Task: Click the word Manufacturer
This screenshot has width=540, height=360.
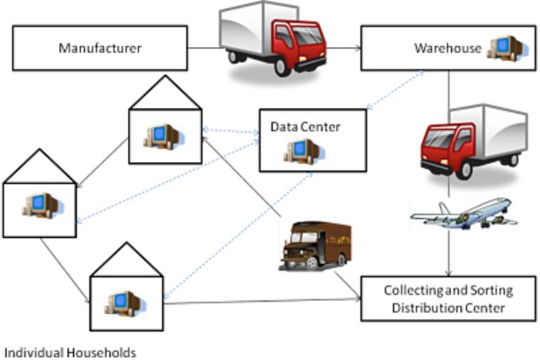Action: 99,48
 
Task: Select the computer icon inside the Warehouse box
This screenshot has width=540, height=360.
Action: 504,48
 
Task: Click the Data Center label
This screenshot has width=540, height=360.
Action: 305,127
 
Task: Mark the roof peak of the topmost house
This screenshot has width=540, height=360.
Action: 164,77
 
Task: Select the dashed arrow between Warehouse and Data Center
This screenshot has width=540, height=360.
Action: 395,90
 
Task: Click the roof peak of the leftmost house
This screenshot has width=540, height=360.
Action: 39,150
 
